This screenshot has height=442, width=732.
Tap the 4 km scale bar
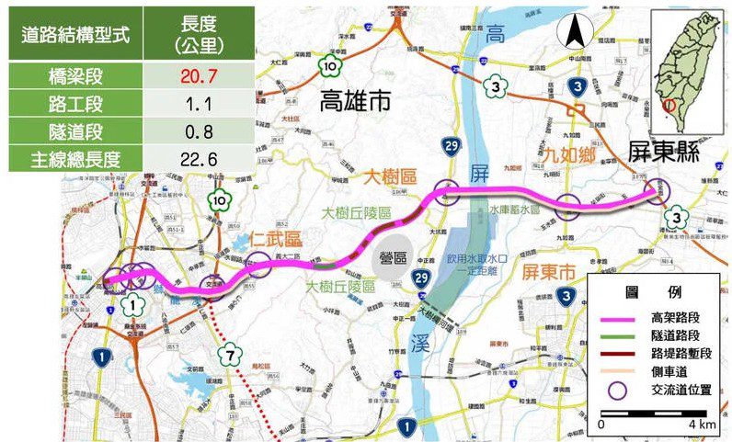(x=652, y=414)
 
